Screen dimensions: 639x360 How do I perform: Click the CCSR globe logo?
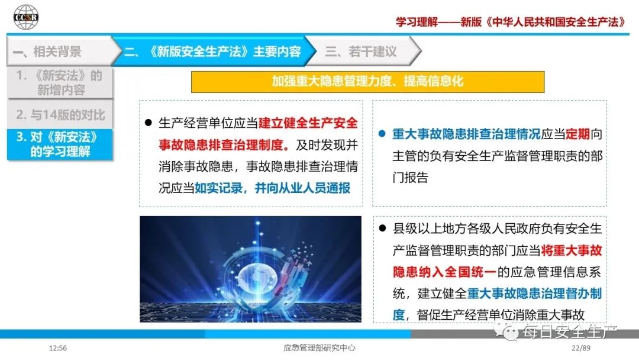coord(25,17)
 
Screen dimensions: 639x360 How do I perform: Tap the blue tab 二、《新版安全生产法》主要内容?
coord(213,52)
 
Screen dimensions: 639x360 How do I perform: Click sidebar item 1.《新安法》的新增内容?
coord(60,83)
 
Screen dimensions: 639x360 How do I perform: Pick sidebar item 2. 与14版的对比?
coord(60,114)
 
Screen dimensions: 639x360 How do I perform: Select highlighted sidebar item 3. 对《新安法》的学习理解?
coord(60,144)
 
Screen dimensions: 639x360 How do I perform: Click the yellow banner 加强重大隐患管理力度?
coord(367,82)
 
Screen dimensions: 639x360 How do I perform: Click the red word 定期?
coord(577,134)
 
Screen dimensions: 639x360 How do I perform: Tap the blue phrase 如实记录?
coord(218,188)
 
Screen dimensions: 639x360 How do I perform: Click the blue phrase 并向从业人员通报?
coord(302,188)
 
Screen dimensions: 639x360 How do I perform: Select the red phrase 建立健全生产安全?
coord(308,123)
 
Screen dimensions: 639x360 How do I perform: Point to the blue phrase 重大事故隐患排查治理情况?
coord(466,134)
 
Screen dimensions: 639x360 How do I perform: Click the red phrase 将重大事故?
coord(572,250)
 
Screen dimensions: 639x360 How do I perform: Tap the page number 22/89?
coord(581,348)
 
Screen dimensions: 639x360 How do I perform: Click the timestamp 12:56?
coord(58,348)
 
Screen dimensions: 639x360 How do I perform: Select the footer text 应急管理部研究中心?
coord(319,348)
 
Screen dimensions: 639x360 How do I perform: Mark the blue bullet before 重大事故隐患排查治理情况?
coord(382,133)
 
